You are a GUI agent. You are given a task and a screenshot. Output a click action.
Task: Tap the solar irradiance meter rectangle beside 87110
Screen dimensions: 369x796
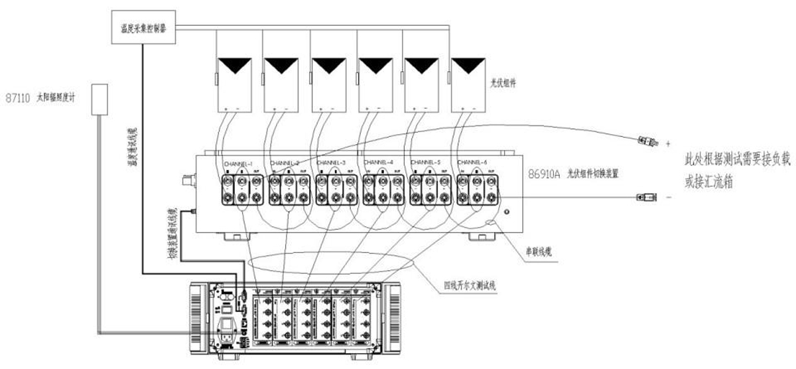[x=99, y=98]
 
